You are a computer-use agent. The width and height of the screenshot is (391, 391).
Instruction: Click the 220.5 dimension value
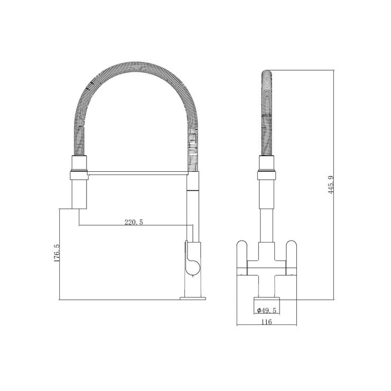click(134, 222)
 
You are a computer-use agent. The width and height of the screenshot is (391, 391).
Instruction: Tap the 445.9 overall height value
click(330, 184)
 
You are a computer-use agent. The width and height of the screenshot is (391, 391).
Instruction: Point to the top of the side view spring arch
click(132, 66)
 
